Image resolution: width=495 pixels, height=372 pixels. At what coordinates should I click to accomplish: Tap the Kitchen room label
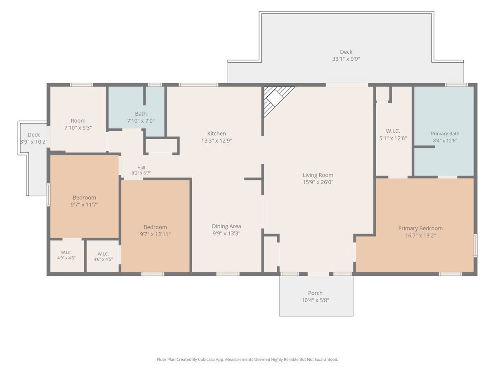(x=217, y=133)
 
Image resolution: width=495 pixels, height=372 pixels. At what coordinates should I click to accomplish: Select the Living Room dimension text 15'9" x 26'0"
(x=318, y=182)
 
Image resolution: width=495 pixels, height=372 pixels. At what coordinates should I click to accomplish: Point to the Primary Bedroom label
(x=420, y=228)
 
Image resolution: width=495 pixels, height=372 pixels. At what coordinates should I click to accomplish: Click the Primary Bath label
(x=445, y=134)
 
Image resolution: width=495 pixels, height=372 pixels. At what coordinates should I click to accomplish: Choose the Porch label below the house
(x=315, y=293)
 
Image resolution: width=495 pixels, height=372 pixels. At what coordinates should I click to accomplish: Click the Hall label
(x=141, y=167)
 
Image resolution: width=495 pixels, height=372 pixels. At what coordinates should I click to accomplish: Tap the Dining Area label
(x=226, y=226)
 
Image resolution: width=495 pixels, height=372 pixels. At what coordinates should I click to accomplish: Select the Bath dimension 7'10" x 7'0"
(x=141, y=121)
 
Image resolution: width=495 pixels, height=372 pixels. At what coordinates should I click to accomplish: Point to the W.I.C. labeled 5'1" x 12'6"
(x=393, y=131)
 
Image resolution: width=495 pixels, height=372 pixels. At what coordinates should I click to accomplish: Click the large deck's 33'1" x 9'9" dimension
(x=346, y=59)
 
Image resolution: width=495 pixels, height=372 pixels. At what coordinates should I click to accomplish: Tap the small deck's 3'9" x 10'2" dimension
(x=34, y=142)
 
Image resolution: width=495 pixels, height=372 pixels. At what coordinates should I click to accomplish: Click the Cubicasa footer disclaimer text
(x=247, y=359)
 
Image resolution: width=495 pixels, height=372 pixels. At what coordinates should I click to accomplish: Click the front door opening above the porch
(x=318, y=274)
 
